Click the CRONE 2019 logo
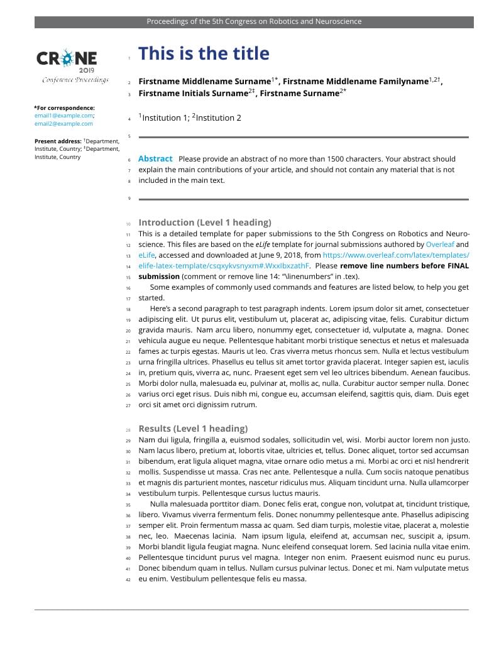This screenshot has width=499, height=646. point(67,60)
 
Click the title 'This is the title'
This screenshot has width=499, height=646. point(204,53)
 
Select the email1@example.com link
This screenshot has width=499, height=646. point(63,116)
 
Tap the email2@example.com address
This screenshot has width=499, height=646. point(63,124)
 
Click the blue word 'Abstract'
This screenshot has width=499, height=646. point(155,159)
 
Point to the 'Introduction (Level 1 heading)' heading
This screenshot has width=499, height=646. point(205,222)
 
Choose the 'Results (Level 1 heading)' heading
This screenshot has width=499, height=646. point(193,429)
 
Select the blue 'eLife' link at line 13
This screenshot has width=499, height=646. point(146,255)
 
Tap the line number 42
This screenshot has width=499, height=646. point(128,579)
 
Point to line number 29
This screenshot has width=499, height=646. point(128,441)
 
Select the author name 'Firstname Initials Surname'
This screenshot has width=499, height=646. point(193,94)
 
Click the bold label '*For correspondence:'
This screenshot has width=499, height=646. point(65,107)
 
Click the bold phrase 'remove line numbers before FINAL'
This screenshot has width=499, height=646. point(404,266)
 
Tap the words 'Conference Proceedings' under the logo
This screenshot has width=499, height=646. point(75,80)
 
